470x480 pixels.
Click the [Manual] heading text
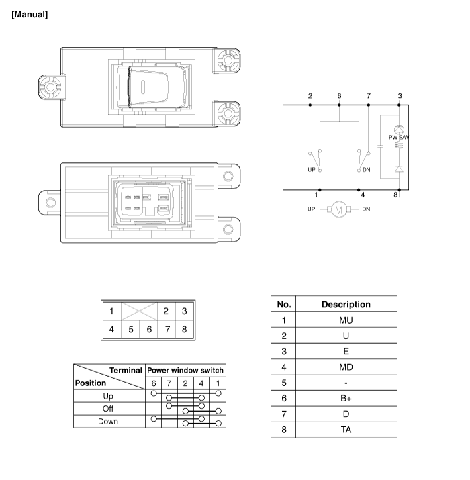[30, 15]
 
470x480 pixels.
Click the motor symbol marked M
[339, 209]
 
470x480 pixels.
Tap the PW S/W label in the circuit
[399, 137]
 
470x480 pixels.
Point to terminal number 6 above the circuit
[339, 96]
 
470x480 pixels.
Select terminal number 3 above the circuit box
[399, 96]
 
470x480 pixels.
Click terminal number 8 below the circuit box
[395, 195]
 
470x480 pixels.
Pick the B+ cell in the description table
[346, 398]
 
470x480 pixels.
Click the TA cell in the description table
[346, 430]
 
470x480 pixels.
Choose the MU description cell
[346, 320]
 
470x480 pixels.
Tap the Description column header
[346, 305]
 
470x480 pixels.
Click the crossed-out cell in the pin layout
[139, 311]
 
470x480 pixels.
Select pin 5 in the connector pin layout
[131, 330]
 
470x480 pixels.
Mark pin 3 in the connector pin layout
[185, 311]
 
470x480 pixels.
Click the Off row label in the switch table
[108, 409]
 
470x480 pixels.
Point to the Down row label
[108, 422]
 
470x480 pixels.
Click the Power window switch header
[185, 371]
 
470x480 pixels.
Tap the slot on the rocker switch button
[143, 87]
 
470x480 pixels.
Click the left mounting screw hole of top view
[50, 87]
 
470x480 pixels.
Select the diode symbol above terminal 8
[399, 169]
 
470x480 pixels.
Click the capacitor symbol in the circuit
[380, 146]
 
